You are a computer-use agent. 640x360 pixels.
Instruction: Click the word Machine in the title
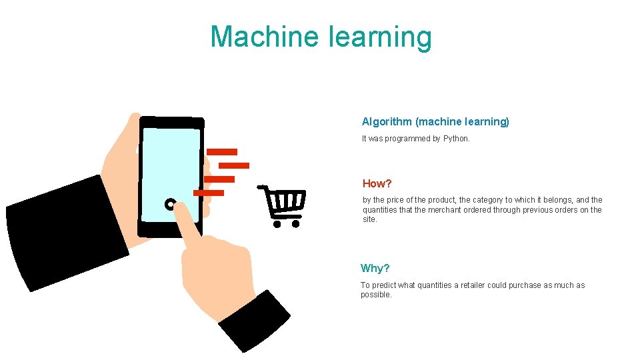click(265, 37)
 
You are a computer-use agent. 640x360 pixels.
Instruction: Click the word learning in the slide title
click(380, 38)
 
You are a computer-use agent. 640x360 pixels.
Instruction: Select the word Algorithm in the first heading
click(387, 121)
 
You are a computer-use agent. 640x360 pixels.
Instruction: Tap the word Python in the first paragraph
click(456, 139)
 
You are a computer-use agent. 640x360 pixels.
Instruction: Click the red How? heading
click(377, 183)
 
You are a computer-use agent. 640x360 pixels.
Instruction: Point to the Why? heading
click(375, 268)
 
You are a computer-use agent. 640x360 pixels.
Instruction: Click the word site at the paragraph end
click(369, 219)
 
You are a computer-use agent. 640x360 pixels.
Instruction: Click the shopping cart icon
click(284, 203)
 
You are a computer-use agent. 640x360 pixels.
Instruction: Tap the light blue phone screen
click(171, 167)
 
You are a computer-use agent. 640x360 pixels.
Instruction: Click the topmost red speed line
click(222, 152)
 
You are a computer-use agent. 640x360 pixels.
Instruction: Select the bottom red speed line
click(209, 193)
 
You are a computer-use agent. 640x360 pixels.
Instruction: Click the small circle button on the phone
click(170, 204)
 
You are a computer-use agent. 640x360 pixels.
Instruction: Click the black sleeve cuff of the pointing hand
click(254, 320)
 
